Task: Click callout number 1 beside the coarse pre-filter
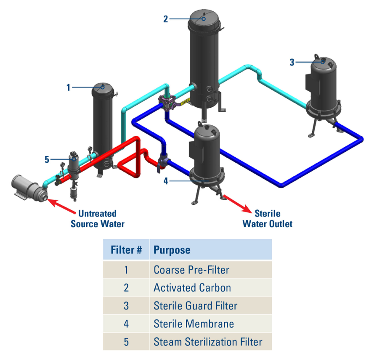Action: (x=68, y=87)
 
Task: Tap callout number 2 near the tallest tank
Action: (x=166, y=19)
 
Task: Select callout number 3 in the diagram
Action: (x=292, y=62)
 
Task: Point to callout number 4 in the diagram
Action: (x=166, y=181)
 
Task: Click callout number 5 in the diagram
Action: (x=47, y=159)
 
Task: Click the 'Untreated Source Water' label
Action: (x=97, y=219)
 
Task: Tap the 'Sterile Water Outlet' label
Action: (x=267, y=219)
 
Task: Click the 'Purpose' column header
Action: (x=172, y=250)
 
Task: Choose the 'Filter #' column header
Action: (x=126, y=250)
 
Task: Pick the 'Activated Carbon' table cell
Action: (x=192, y=288)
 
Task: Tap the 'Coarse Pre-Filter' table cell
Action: (x=191, y=270)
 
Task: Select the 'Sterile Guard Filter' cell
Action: (x=195, y=306)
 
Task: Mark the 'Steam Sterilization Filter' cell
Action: (x=208, y=341)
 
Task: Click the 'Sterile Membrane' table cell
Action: (x=194, y=324)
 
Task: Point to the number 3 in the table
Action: (x=126, y=306)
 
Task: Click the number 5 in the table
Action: (x=126, y=341)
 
